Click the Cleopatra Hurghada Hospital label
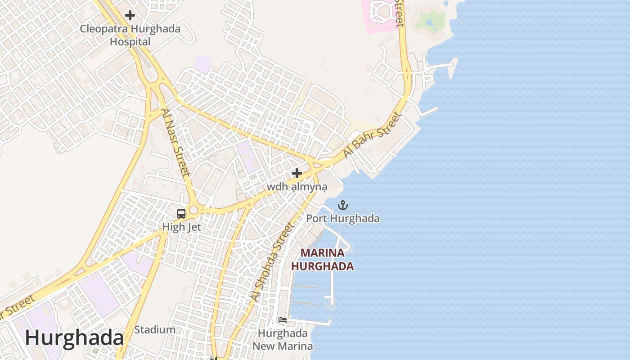130,35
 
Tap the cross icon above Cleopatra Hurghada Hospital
130,15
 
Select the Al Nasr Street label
176,142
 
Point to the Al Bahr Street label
372,135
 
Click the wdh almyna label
297,186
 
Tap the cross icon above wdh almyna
297,173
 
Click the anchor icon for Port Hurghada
343,206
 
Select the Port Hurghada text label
343,219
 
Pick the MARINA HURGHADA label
322,260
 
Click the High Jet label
181,227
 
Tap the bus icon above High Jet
181,214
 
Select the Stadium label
155,329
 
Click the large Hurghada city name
74,338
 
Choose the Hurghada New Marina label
283,340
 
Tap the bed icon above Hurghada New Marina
283,320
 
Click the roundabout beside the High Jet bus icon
193,210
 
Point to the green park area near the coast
430,20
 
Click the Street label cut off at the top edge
399,13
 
